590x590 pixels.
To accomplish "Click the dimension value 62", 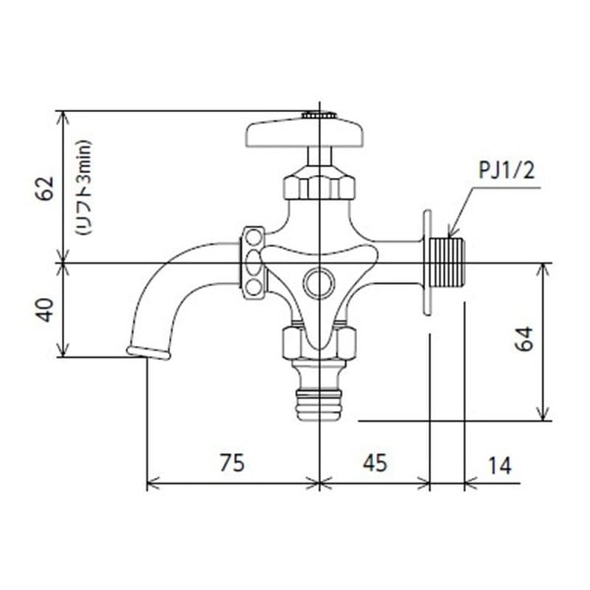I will coord(46,189).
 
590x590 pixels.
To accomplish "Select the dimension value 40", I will coord(46,310).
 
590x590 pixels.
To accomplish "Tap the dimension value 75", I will coord(232,463).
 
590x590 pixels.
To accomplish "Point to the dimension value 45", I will coord(374,463).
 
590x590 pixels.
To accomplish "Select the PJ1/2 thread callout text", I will coord(506,172).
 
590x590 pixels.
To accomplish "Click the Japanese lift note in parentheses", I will coord(83,187).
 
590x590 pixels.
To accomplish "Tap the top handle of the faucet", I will coord(304,133).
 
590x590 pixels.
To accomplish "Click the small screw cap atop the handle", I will coord(319,115).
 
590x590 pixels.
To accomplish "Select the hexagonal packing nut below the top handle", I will coord(319,184).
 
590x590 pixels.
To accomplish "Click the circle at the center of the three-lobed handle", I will coord(319,282).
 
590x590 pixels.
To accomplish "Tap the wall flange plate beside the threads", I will coord(427,263).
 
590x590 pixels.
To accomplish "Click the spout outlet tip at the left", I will coord(148,352).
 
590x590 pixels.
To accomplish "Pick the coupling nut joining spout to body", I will coord(253,262).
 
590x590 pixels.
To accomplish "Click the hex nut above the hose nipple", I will coord(319,342).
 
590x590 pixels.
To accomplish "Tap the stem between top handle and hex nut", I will coord(319,156).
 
